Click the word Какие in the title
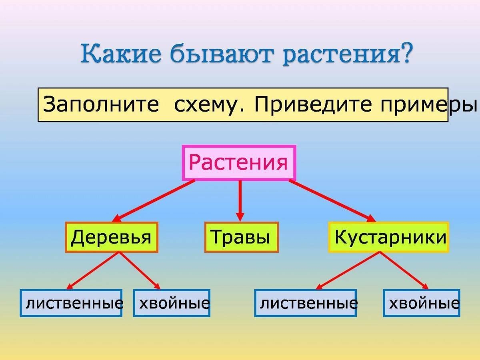pos(121,54)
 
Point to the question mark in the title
pos(406,53)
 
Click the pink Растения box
pos(239,163)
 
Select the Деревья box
pos(112,237)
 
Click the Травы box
pos(242,237)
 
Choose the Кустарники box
pos(388,237)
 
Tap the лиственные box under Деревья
pos(71,303)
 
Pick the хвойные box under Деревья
pos(172,303)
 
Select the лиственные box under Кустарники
pos(305,303)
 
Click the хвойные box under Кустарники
pos(421,303)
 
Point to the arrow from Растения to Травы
pos(240,201)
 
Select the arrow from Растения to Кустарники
pos(332,201)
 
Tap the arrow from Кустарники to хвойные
pos(404,271)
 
